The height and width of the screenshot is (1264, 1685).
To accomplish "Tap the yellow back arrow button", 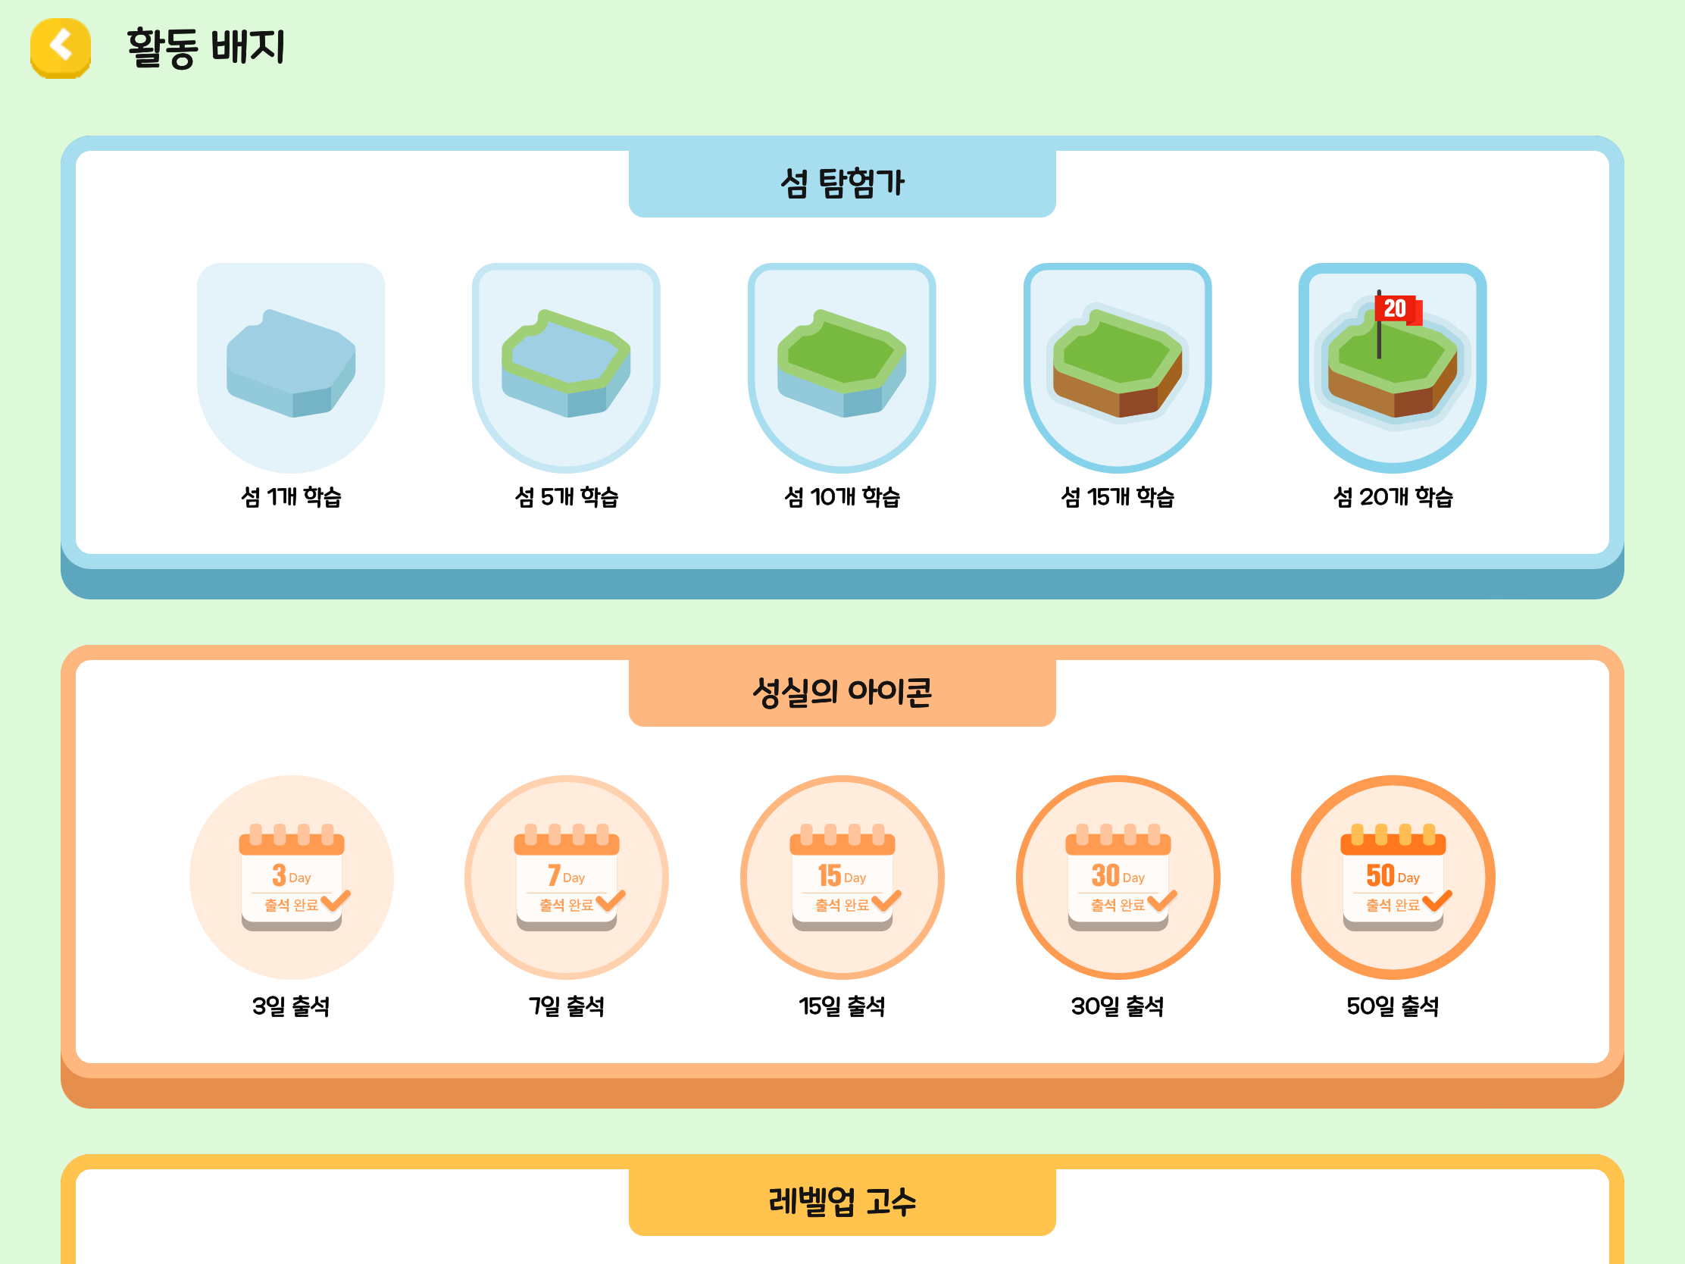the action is (60, 48).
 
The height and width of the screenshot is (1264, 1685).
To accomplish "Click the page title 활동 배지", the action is (205, 47).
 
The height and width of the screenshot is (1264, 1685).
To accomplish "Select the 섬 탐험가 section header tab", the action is (842, 183).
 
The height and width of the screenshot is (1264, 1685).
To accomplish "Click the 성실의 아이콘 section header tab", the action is (842, 693).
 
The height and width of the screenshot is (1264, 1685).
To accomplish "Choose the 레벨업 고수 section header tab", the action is (842, 1202).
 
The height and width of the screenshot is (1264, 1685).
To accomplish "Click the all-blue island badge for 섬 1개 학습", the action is (291, 368).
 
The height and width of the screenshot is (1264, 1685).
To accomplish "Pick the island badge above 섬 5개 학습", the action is (566, 368).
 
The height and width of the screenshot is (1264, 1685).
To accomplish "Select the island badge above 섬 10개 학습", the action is (842, 368).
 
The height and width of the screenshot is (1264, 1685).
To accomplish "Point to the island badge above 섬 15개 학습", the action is (1118, 368).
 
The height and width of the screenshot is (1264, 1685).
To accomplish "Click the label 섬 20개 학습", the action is (1393, 498).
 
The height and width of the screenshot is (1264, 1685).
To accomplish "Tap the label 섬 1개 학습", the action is (291, 498).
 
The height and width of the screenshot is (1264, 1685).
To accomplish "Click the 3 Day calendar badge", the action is (292, 878).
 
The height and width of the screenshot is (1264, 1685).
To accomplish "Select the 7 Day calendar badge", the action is (567, 878).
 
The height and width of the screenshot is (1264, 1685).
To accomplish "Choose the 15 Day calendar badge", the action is (842, 878).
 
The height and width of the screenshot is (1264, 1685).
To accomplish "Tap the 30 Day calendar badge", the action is (1118, 878).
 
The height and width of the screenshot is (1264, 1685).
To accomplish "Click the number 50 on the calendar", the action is (1380, 876).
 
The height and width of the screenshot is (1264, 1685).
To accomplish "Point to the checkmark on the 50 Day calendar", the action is (1437, 900).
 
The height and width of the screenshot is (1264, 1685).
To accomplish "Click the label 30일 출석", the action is (1118, 1006).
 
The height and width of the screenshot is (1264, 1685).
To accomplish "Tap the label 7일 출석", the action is (567, 1006).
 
